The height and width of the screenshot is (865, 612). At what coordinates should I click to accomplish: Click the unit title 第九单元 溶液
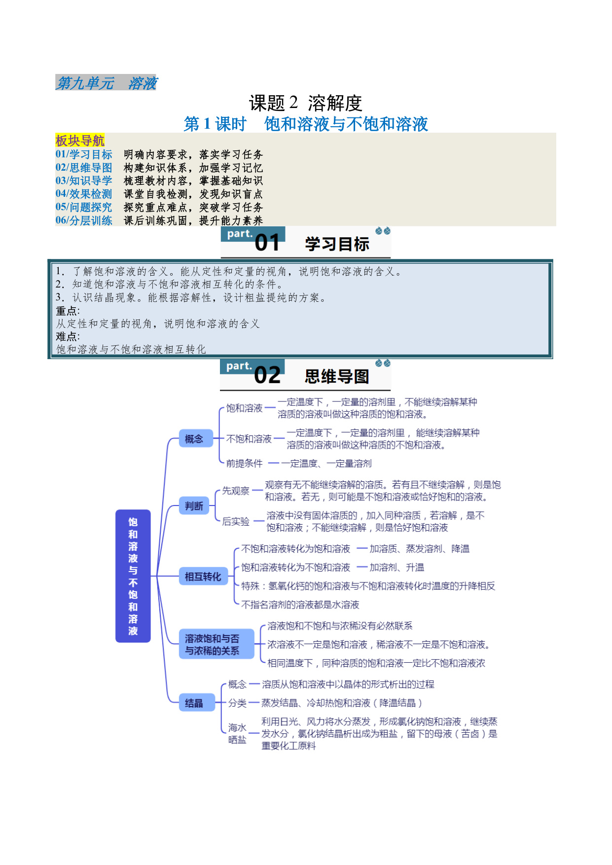[106, 83]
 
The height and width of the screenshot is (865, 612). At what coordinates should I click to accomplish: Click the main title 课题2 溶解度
[306, 103]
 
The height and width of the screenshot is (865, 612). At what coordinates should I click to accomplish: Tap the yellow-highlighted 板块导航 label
[80, 141]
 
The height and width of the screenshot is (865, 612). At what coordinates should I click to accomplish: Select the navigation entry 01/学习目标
[84, 154]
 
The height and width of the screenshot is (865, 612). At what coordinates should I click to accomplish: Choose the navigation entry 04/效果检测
[84, 194]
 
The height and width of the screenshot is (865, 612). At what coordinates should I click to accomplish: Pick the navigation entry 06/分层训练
[84, 220]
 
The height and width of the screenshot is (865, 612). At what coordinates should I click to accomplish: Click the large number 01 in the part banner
[267, 243]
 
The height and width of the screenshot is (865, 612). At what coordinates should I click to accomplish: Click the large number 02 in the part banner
[267, 376]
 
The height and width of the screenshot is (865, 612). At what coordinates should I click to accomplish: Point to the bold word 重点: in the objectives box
[68, 311]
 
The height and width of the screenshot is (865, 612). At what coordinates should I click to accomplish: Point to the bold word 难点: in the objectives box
[68, 336]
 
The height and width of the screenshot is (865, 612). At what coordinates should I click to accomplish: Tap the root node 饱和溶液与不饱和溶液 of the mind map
[133, 576]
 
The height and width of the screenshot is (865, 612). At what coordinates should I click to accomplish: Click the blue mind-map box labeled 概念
[194, 439]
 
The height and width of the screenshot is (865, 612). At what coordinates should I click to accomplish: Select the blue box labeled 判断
[194, 506]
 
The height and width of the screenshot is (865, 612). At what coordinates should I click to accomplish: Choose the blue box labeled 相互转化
[203, 577]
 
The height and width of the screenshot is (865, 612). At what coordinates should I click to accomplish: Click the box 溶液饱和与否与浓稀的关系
[216, 645]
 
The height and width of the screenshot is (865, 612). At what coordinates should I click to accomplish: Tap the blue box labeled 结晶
[196, 703]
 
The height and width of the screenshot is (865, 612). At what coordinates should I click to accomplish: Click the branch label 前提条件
[245, 464]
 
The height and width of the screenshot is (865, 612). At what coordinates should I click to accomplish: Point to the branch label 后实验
[236, 522]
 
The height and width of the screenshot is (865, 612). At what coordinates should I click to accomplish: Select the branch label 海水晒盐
[237, 734]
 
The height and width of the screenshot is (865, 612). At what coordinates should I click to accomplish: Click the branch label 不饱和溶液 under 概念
[249, 439]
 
